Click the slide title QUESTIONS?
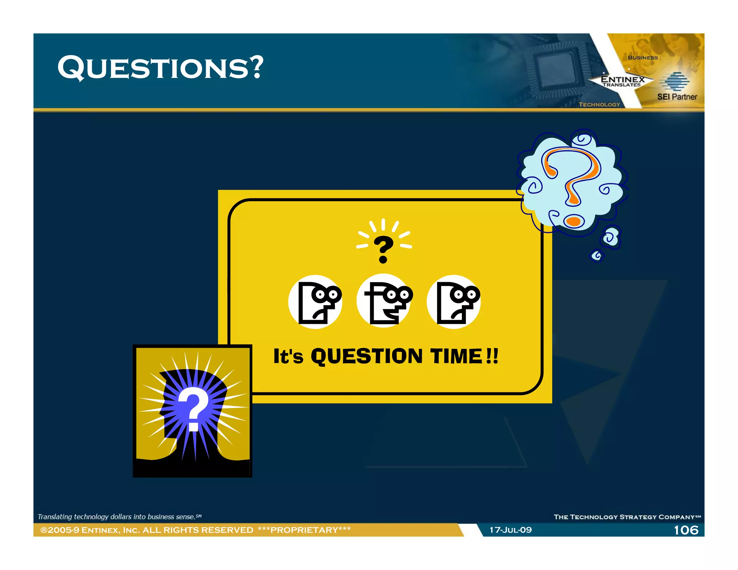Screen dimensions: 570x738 pyautogui.click(x=160, y=67)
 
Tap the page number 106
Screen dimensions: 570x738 pyautogui.click(x=686, y=530)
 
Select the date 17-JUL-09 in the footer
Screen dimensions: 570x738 pyautogui.click(x=510, y=530)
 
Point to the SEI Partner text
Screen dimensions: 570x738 pyautogui.click(x=677, y=97)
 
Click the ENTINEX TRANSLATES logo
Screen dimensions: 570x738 pyautogui.click(x=622, y=81)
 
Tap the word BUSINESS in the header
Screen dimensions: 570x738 pyautogui.click(x=643, y=58)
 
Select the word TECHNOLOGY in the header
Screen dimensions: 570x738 pyautogui.click(x=599, y=104)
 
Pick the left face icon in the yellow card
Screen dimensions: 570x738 pyautogui.click(x=315, y=302)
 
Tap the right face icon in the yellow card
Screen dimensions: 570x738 pyautogui.click(x=454, y=302)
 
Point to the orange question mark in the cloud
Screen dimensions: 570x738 pyautogui.click(x=573, y=177)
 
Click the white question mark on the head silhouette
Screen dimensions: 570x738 pyautogui.click(x=194, y=409)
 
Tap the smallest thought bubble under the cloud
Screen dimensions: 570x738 pyautogui.click(x=597, y=256)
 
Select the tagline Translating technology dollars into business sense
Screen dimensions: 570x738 pyautogui.click(x=119, y=517)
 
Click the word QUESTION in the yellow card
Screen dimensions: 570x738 pyautogui.click(x=366, y=356)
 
